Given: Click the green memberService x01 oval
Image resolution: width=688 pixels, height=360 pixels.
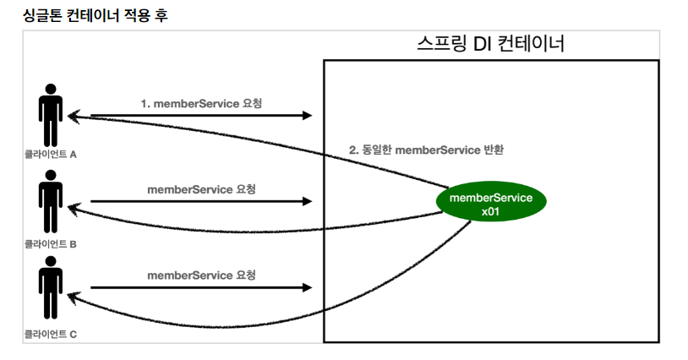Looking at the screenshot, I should (490, 204).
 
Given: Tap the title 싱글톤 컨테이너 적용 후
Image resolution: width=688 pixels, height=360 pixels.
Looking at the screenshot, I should (84, 16).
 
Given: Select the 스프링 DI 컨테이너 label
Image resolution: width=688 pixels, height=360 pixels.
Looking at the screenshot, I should (490, 44).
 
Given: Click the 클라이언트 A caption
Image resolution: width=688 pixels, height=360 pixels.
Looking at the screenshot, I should (51, 155).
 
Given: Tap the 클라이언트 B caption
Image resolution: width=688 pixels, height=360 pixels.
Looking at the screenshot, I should (51, 244).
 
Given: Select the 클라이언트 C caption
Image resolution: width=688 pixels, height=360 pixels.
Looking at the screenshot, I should (51, 335).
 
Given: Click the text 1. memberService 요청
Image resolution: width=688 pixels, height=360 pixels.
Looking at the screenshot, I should (201, 103).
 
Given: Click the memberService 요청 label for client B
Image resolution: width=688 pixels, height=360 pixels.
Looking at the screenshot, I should (201, 189).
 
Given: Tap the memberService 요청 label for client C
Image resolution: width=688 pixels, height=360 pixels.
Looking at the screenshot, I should (201, 275).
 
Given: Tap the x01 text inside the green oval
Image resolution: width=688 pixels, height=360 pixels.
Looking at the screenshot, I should (490, 212).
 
